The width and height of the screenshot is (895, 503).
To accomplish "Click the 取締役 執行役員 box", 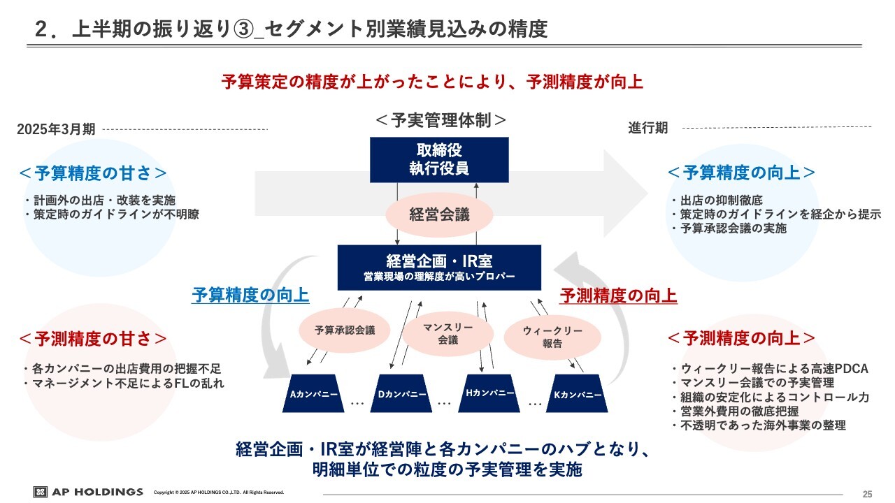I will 439,159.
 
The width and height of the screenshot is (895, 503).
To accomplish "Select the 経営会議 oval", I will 439,215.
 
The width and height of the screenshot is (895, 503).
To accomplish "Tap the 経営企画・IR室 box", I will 439,267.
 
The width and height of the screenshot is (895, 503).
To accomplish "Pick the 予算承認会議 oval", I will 345,330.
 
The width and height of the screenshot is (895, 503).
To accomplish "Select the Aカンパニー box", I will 314,395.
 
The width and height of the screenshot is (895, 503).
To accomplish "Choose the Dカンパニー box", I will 402,395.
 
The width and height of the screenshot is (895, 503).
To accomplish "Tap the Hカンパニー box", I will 490,393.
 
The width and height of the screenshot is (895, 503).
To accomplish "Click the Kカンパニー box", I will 578,395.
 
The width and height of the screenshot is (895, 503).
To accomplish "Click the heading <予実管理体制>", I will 441,119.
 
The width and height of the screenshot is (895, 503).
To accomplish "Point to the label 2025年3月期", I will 56,129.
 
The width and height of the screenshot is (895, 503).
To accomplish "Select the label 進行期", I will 647,128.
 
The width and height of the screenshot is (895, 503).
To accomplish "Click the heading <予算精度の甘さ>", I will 93,173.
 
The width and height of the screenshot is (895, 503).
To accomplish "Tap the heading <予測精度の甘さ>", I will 93,339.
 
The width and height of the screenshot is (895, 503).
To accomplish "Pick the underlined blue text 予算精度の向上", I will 250,296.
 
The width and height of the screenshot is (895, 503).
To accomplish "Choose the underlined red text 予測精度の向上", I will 618,296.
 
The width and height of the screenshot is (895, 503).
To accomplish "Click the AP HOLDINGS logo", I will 88,492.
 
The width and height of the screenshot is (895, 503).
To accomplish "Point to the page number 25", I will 868,494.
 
